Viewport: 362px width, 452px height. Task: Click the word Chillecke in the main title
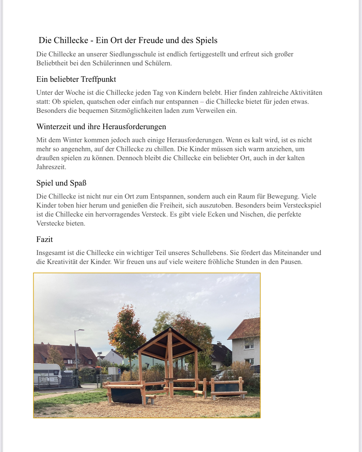pyautogui.click(x=71, y=41)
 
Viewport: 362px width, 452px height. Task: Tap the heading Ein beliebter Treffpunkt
pyautogui.click(x=76, y=79)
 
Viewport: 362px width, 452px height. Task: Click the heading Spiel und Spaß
pyautogui.click(x=61, y=183)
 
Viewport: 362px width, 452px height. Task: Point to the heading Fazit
pyautogui.click(x=45, y=239)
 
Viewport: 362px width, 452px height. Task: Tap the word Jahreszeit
pyautogui.click(x=51, y=167)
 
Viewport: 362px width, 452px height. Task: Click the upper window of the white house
pyautogui.click(x=249, y=345)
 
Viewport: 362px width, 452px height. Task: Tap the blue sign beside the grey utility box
pyautogui.click(x=119, y=370)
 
